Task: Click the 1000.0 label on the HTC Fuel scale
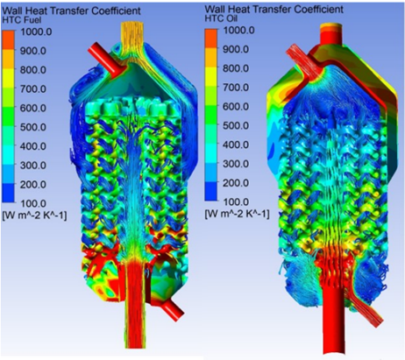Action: coord(36,32)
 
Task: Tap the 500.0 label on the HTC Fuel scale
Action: coord(33,127)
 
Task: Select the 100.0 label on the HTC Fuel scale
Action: coord(33,203)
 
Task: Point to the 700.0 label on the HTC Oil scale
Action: coord(236,88)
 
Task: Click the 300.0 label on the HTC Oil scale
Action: coord(236,164)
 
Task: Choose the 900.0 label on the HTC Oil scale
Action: coord(236,49)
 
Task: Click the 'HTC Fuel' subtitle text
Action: coord(22,20)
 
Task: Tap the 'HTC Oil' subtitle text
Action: coord(221,18)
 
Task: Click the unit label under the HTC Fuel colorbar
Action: coord(34,216)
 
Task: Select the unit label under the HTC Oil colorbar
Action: coord(237,215)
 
